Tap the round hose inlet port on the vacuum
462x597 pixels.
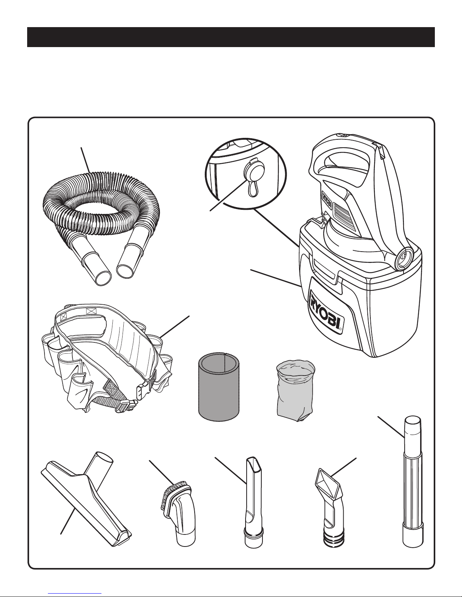404,257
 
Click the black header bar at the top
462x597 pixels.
231,37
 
